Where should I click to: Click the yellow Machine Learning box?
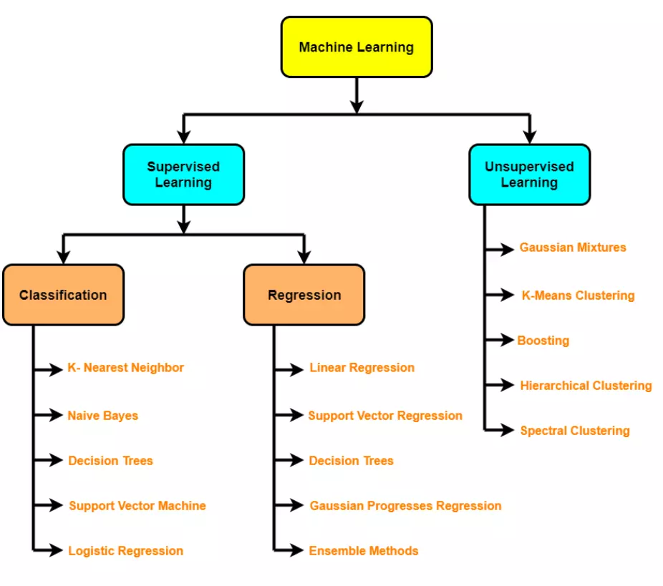click(x=356, y=47)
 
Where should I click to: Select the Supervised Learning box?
click(x=183, y=175)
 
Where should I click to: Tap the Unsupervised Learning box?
click(x=529, y=175)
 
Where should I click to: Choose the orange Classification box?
click(x=63, y=295)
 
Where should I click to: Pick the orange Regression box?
click(x=304, y=295)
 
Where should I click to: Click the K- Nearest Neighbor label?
click(x=125, y=368)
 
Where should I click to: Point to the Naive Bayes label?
click(x=103, y=416)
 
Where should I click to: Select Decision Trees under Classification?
click(x=110, y=461)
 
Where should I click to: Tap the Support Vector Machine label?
click(x=137, y=506)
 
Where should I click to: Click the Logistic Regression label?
click(x=125, y=551)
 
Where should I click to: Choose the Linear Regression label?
click(x=362, y=368)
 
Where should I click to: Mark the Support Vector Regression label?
click(x=385, y=416)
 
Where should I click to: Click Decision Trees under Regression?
click(x=351, y=461)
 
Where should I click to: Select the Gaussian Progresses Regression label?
click(x=405, y=506)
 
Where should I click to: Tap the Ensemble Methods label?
click(x=363, y=551)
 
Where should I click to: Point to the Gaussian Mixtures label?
click(x=573, y=248)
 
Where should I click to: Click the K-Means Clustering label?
click(x=578, y=296)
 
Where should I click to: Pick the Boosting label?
click(x=543, y=341)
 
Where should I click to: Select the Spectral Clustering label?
click(x=575, y=431)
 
